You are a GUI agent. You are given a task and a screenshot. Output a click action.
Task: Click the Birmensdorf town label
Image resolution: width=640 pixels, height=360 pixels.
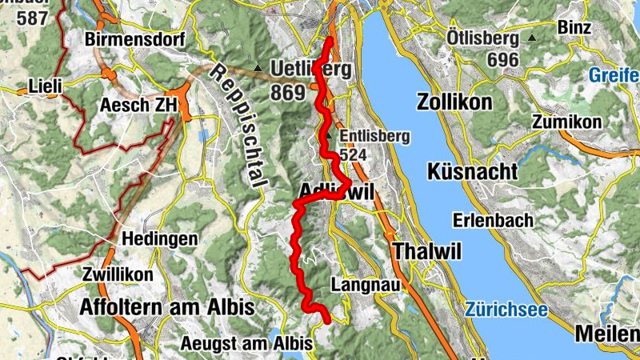click(134, 39)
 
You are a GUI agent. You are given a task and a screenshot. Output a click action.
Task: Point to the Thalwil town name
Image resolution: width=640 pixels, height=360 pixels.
click(427, 251)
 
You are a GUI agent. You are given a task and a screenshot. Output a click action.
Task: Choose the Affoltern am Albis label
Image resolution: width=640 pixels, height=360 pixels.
click(166, 307)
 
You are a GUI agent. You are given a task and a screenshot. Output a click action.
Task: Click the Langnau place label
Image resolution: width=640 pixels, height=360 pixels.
click(358, 285)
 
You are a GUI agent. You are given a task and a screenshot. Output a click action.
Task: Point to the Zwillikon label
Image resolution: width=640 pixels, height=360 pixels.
click(118, 274)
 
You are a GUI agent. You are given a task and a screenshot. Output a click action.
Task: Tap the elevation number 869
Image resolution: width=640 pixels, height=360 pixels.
click(288, 93)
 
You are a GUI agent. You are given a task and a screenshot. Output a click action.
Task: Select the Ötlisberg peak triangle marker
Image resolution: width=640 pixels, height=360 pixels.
click(531, 38)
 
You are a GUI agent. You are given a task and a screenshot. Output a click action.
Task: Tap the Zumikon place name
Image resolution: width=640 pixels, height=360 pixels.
click(566, 122)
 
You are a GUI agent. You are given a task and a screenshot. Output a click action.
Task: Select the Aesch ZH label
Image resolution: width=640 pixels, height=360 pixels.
click(138, 105)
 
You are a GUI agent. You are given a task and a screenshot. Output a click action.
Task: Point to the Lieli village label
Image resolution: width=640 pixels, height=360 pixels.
click(45, 84)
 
